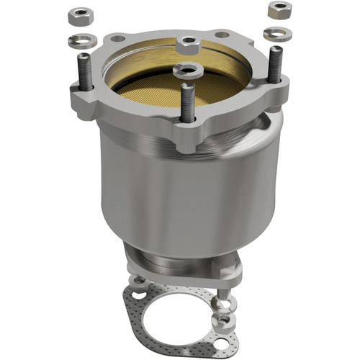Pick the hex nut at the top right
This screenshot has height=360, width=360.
[279, 10]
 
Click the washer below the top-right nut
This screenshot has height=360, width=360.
[276, 33]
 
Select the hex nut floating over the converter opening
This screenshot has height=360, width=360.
[187, 45]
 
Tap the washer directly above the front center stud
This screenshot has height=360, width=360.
[186, 70]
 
